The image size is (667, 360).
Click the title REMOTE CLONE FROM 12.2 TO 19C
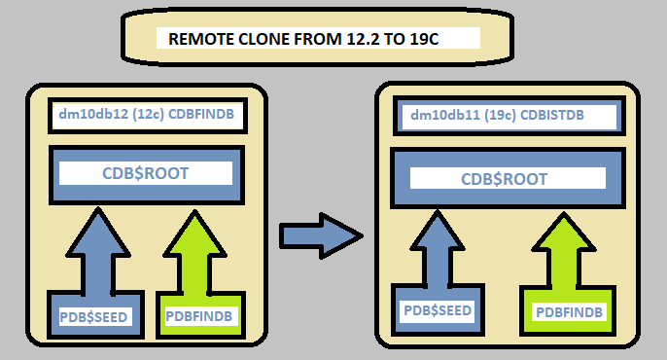[318, 39]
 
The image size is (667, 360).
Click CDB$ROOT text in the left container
[145, 173]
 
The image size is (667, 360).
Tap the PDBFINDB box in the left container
[201, 316]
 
